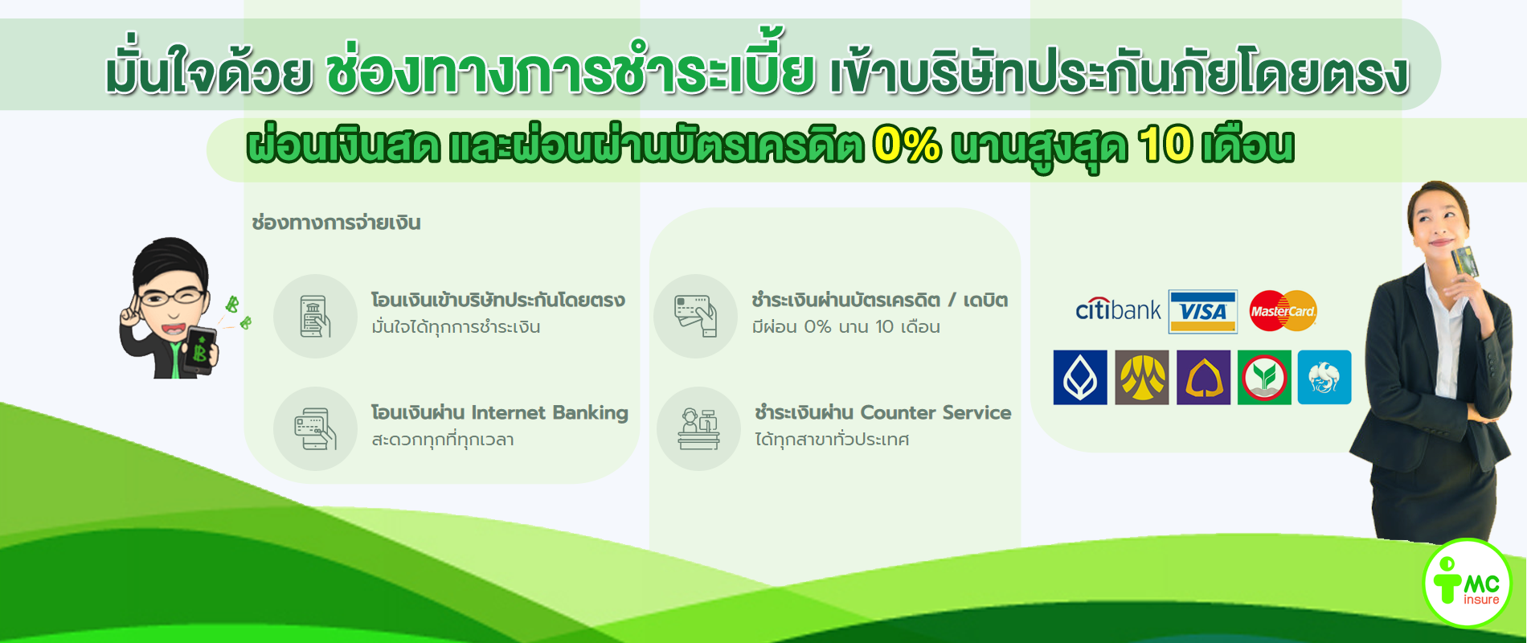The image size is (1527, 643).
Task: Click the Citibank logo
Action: (x=1118, y=309)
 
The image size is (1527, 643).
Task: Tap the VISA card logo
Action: (x=1202, y=312)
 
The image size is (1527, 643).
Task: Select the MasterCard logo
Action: (x=1283, y=311)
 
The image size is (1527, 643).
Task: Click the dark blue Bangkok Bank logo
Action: (x=1080, y=377)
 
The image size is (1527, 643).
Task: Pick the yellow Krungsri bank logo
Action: (x=1142, y=377)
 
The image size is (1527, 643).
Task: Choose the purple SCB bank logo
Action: (x=1204, y=377)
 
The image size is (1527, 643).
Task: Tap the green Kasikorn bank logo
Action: (x=1264, y=377)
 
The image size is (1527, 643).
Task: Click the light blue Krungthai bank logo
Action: (x=1324, y=377)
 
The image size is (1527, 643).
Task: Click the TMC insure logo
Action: (x=1467, y=583)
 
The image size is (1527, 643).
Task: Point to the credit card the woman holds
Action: (x=1464, y=263)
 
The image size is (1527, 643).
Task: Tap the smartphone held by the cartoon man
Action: (x=199, y=350)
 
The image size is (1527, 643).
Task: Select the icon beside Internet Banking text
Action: (x=315, y=429)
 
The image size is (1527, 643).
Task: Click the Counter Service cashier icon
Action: (x=698, y=429)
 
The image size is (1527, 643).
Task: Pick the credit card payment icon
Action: (x=696, y=316)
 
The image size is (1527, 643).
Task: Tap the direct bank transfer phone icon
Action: (x=315, y=316)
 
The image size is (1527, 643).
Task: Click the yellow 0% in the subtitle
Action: (x=907, y=145)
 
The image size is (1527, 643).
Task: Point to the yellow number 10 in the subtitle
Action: (x=1165, y=145)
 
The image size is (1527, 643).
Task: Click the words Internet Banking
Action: (x=550, y=413)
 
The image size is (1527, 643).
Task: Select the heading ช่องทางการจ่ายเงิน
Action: (x=336, y=223)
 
